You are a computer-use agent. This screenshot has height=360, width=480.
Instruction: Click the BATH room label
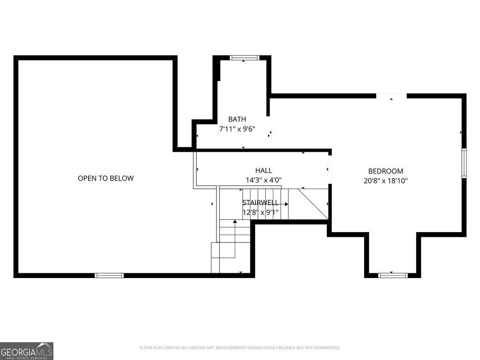(x=237, y=119)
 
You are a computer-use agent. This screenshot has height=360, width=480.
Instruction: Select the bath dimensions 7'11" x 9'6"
(x=237, y=129)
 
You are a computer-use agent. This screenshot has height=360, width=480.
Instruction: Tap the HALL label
(x=263, y=170)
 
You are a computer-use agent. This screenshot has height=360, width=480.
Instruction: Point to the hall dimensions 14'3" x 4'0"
(x=263, y=180)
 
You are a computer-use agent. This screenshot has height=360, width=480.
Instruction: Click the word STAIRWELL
(x=260, y=202)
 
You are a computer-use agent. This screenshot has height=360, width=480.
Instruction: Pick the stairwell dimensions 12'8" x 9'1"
(x=260, y=212)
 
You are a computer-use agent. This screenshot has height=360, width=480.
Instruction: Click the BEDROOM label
(x=385, y=171)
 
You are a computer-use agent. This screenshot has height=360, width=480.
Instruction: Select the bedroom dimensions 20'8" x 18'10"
(x=385, y=180)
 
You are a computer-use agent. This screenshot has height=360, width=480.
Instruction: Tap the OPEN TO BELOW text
(x=105, y=178)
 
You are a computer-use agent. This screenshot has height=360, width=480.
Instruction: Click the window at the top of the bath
(x=244, y=58)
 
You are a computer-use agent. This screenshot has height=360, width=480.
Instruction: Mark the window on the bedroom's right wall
(x=464, y=163)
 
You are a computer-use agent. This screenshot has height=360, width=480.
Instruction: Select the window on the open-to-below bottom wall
(x=109, y=275)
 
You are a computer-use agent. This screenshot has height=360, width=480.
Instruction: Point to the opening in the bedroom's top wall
(x=391, y=96)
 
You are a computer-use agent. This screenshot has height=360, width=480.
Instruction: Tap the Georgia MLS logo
(x=27, y=351)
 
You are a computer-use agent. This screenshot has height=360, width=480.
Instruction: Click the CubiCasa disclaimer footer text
(x=240, y=348)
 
